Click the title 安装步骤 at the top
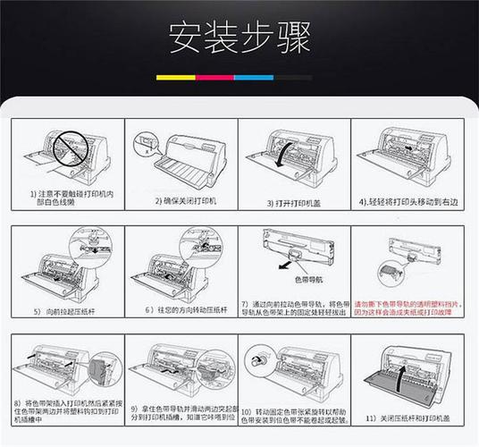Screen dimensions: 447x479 click(x=239, y=38)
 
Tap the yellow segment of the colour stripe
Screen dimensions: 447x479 click(x=175, y=78)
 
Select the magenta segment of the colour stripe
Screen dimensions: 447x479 click(x=214, y=78)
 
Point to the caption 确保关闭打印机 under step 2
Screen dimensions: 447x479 click(x=185, y=202)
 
